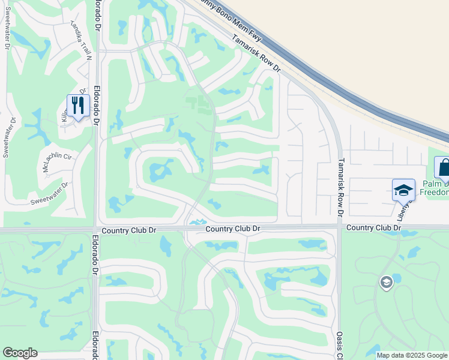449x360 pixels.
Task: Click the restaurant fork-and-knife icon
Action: tap(78, 106)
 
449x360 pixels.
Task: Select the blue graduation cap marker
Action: tap(403, 190)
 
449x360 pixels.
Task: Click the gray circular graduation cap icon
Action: tap(386, 281)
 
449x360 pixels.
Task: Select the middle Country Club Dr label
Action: tap(232, 229)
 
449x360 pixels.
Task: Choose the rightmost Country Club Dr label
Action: tap(373, 228)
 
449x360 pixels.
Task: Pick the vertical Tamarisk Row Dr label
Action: tap(340, 187)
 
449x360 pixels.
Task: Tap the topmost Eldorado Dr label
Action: tap(98, 17)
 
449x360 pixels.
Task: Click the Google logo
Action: tap(20, 353)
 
